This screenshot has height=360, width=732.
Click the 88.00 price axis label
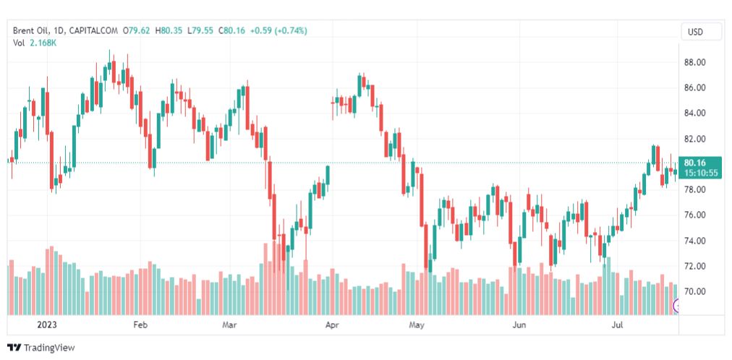694,62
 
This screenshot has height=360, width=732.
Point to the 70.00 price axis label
694,291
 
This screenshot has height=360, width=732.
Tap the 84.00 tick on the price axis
694,113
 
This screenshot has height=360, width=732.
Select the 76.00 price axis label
694,215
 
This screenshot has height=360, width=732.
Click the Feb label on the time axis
140,325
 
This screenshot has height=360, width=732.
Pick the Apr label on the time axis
332,325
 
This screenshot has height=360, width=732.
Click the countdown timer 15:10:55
700,173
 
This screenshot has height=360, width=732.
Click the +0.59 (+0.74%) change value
278,30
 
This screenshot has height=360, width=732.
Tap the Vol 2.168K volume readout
35,43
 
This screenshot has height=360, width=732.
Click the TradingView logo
41,348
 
